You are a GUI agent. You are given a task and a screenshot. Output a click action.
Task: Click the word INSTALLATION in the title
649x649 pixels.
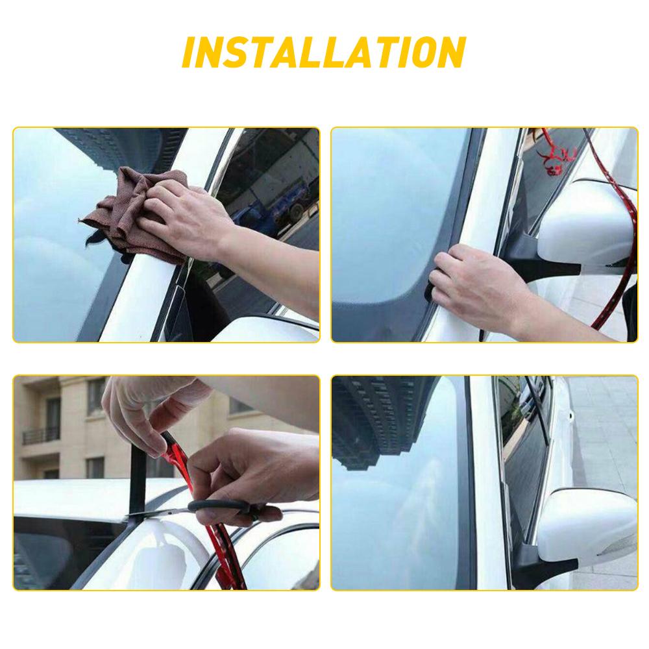(324, 53)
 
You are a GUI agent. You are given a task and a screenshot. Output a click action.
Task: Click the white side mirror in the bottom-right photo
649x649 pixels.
(587, 526)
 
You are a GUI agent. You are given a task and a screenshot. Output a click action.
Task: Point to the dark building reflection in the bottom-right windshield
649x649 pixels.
(376, 422)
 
